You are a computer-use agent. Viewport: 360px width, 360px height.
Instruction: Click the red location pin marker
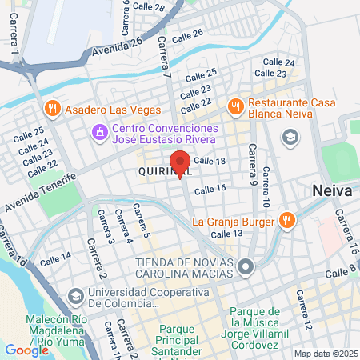point(181,162)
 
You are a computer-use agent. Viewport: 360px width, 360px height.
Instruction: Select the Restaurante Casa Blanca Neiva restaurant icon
point(235,105)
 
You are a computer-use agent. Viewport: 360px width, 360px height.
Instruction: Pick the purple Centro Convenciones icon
point(99,130)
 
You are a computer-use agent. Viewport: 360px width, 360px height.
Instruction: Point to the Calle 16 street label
point(210,189)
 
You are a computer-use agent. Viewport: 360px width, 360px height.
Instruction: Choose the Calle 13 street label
point(226,234)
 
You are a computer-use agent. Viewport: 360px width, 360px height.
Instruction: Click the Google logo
point(27,350)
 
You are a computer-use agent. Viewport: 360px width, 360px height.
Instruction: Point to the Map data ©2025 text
point(325,354)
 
